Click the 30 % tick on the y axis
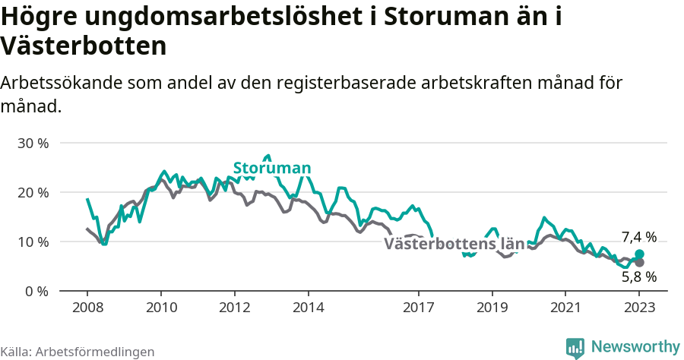(32, 143)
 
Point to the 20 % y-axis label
(32, 192)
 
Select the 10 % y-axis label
(32, 242)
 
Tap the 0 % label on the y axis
(36, 291)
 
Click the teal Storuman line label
(271, 168)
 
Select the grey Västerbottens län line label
(454, 244)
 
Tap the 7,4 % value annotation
(638, 237)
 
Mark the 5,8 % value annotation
(638, 277)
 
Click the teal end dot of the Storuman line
(639, 254)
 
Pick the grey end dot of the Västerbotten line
(639, 263)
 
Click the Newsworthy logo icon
(575, 347)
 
